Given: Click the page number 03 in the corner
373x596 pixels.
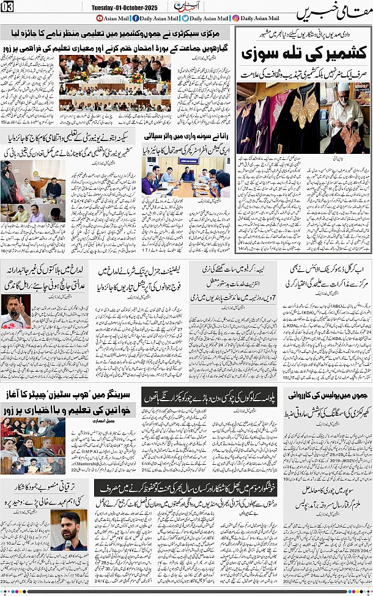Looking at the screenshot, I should point(8,7).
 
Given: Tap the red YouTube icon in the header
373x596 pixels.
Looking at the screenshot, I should point(99,18).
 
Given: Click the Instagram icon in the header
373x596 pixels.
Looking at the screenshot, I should point(235,18).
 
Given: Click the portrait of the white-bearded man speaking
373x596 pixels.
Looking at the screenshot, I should point(15,312).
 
